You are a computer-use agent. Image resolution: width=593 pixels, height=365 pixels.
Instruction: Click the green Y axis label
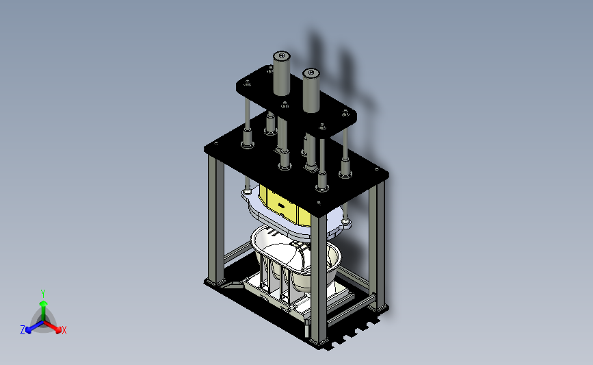(x=42, y=294)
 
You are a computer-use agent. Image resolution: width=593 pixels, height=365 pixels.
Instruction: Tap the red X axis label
(x=64, y=330)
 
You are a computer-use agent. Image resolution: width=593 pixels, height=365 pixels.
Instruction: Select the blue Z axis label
(x=23, y=330)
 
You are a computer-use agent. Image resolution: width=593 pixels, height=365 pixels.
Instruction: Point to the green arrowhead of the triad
(x=44, y=303)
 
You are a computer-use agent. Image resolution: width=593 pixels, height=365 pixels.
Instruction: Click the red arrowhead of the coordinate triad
(x=58, y=330)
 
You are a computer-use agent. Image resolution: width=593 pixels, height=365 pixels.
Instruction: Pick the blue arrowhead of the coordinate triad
(x=29, y=331)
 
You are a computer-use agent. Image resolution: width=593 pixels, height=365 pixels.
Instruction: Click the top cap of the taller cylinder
(x=281, y=56)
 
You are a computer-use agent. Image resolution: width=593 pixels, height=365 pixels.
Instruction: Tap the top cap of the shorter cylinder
(x=311, y=73)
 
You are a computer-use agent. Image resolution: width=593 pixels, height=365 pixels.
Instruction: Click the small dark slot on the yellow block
(x=281, y=205)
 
